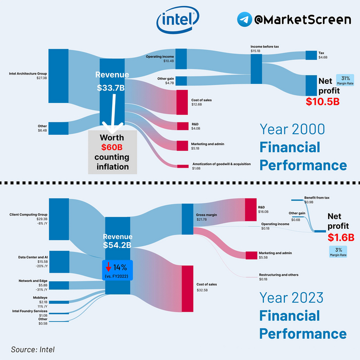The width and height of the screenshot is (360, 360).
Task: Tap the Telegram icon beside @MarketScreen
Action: (245, 20)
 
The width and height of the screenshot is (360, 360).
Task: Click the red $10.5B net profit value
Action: (322, 101)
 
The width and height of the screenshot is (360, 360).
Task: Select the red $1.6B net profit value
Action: (341, 237)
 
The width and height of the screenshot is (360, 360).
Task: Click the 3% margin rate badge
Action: (337, 252)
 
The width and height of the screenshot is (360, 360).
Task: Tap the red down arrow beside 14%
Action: (109, 267)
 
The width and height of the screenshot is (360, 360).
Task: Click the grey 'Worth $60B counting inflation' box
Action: (112, 152)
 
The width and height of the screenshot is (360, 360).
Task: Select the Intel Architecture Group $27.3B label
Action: (28, 76)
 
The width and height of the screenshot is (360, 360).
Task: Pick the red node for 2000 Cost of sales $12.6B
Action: (182, 102)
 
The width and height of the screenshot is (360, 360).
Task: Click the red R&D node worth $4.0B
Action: (182, 126)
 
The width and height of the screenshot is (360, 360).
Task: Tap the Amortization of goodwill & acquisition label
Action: (221, 166)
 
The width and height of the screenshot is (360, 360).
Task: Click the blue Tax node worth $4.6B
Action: (311, 55)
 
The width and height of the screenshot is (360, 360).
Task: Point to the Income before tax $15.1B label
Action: (264, 49)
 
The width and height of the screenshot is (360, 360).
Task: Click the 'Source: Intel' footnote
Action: (32, 349)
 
